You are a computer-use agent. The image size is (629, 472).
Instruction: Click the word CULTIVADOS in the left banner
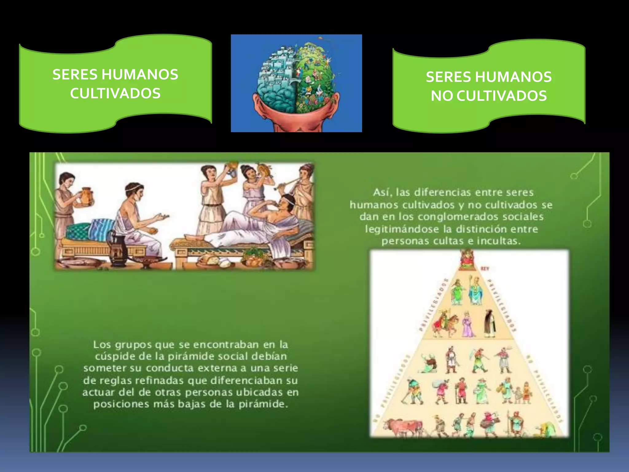(115, 93)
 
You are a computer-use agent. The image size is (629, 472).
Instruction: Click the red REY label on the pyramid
(485, 269)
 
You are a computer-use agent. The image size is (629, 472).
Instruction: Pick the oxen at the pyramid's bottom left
(402, 427)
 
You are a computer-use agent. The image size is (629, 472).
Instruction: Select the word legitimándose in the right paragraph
(402, 229)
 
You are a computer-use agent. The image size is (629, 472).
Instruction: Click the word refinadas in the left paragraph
(159, 381)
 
